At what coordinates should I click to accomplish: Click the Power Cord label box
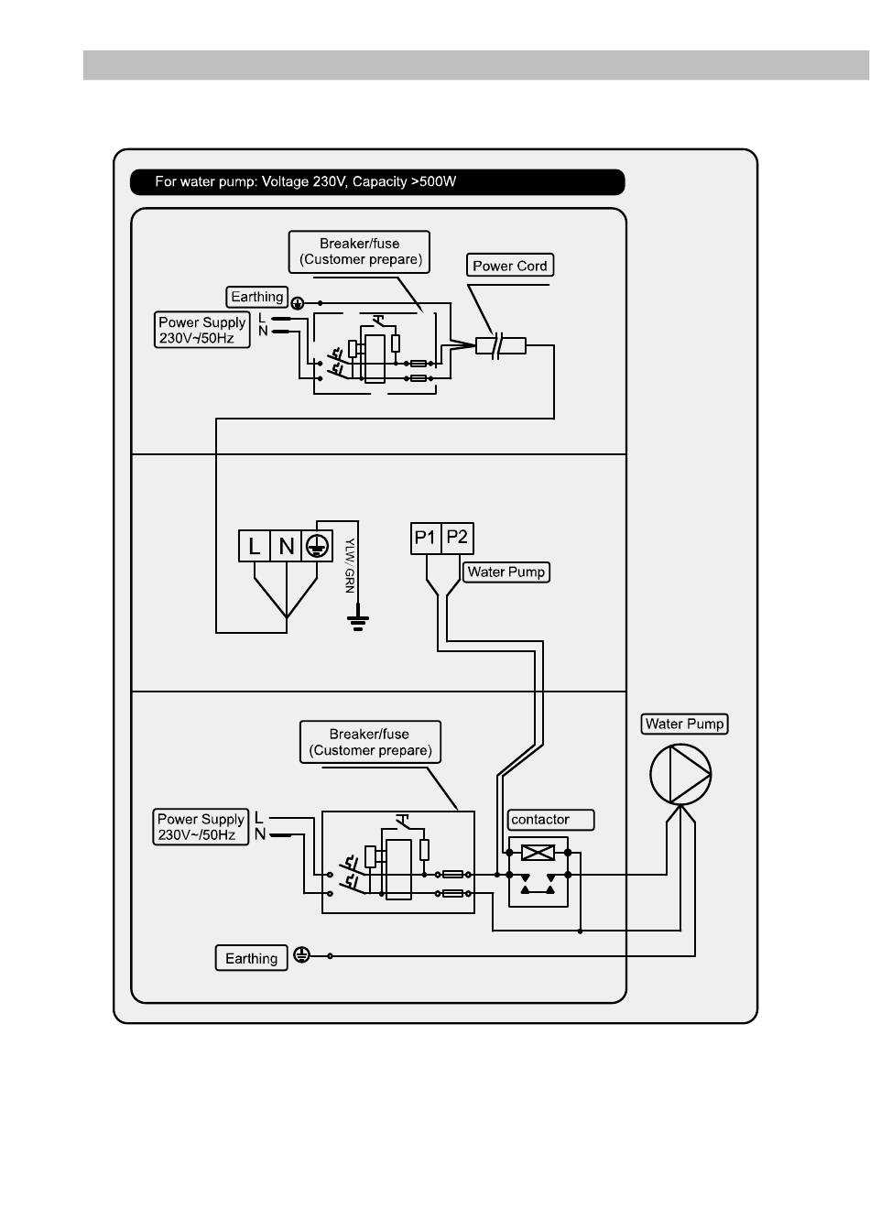coord(509,265)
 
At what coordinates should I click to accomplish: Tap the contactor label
coord(550,820)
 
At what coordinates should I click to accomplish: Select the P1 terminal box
coord(425,538)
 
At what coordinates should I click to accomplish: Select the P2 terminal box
coord(457,538)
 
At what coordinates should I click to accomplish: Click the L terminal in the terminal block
coord(254,546)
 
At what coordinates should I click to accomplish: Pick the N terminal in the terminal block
coord(286,546)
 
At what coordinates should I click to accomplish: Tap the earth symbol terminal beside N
coord(317,546)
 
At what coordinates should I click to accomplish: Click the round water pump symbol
coord(680,774)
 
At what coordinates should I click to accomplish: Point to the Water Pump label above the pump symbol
coord(684,724)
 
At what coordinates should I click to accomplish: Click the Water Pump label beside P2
coord(506,572)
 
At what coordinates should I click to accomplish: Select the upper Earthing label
coord(256,297)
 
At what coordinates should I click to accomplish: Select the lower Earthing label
coord(251,958)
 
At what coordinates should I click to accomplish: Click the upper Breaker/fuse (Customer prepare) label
coord(359,252)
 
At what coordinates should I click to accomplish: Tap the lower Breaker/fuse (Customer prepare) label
coord(370,742)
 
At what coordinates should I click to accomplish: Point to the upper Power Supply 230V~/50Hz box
coord(202,330)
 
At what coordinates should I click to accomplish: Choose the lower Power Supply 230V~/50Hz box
coord(201,826)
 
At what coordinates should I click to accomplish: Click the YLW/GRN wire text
coord(350,565)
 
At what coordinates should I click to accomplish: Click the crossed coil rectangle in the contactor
coord(538,853)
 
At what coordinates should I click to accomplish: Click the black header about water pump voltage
coord(377,182)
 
